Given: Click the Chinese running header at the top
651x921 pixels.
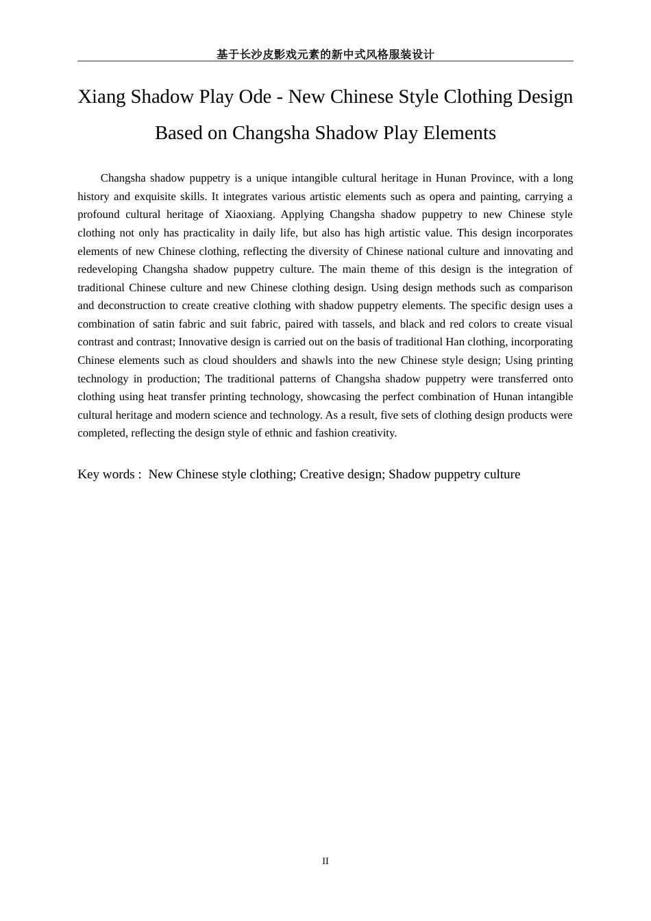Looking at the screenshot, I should point(325,54).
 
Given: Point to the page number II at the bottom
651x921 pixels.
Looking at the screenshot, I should point(325,861).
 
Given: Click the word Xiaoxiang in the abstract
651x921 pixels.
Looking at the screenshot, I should point(249,214).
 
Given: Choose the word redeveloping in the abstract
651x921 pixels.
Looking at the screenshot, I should point(108,269).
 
